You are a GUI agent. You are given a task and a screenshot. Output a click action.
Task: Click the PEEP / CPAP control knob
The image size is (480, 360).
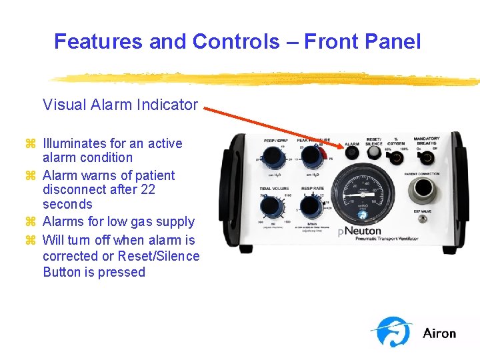pos(273,159)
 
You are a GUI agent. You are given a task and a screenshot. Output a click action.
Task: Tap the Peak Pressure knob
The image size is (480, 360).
pos(309,158)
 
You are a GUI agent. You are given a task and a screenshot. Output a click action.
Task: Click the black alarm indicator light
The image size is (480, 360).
pos(352,154)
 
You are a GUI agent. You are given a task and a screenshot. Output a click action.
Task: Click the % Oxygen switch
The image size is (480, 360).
pos(397,159)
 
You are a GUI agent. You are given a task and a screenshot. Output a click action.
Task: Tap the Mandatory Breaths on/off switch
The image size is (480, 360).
pos(426,158)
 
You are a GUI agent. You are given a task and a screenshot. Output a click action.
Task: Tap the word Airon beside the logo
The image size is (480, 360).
pos(439,333)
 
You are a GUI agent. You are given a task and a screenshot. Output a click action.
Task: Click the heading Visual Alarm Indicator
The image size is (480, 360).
pos(120,105)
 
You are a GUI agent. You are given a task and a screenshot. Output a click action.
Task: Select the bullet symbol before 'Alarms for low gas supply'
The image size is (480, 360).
pos(29,222)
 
